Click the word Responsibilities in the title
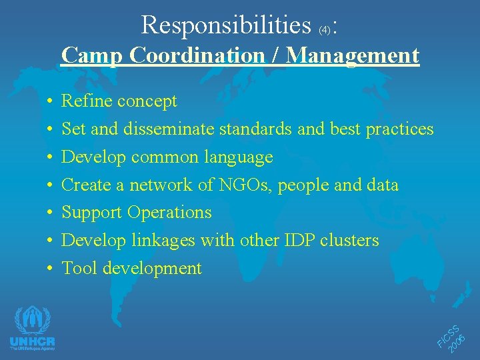point(226,25)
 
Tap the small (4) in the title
point(324,30)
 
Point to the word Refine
point(87,101)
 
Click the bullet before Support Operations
point(51,213)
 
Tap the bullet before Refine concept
point(51,102)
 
